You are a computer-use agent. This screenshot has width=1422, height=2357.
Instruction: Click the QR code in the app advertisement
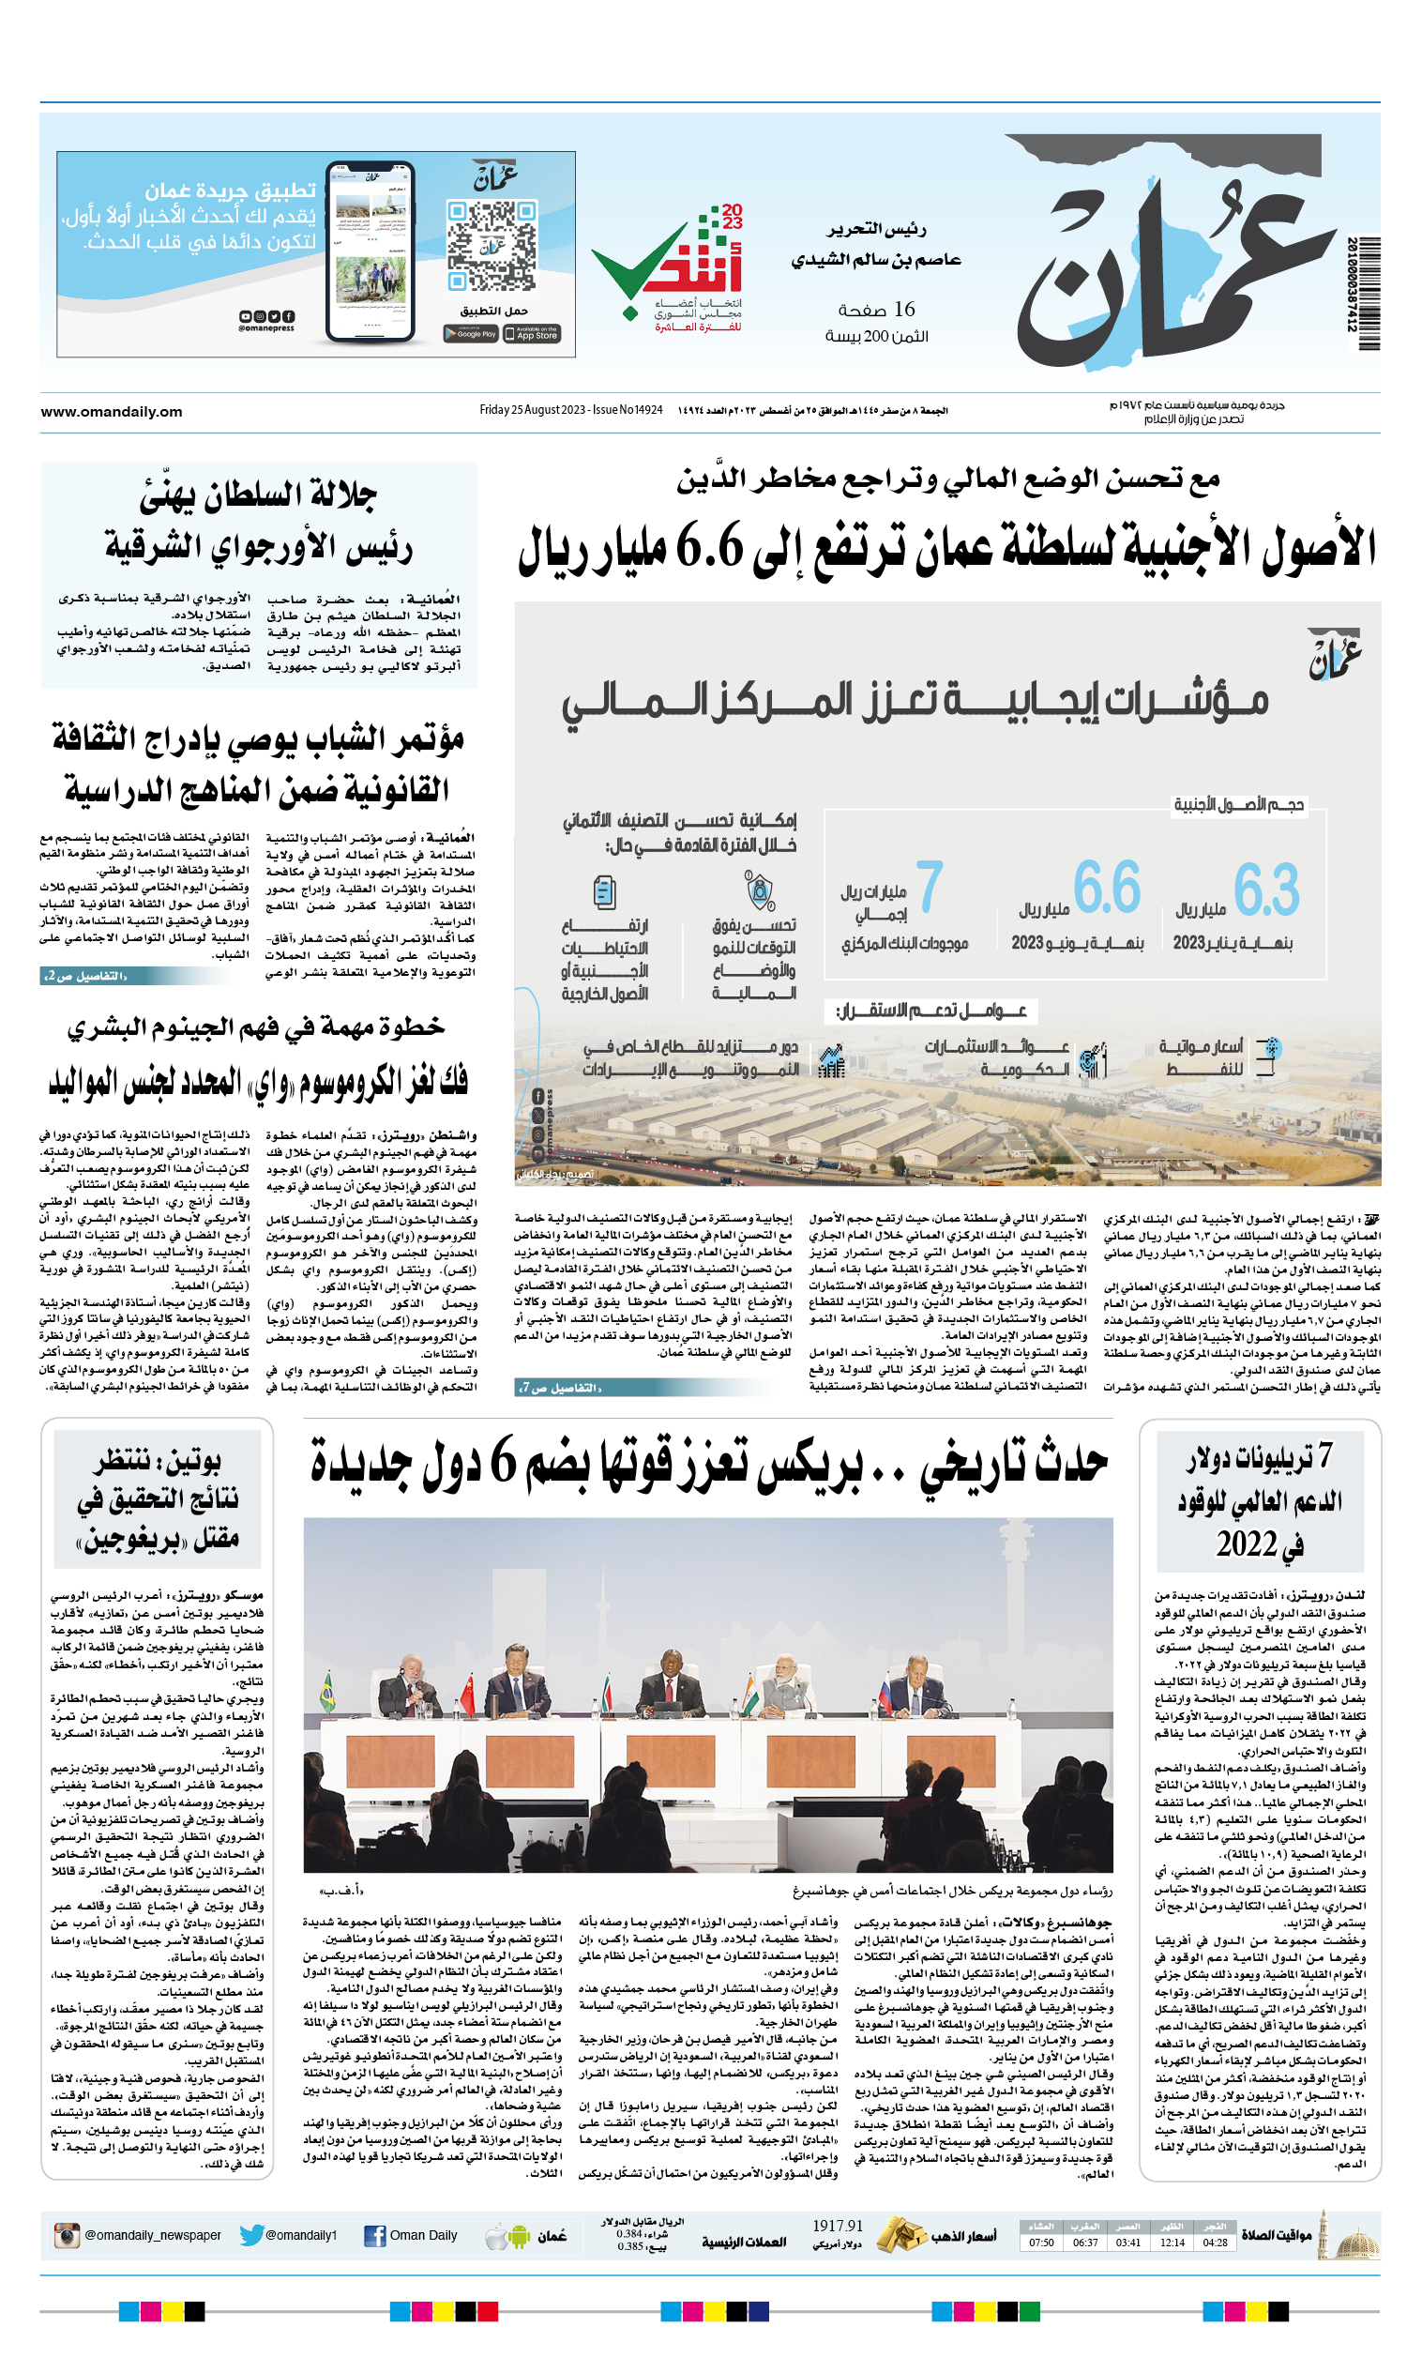492,245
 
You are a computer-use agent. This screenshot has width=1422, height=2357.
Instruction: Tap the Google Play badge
470,334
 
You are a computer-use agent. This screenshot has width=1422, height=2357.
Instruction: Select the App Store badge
532,334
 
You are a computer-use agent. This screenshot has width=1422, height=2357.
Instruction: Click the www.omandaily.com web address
112,412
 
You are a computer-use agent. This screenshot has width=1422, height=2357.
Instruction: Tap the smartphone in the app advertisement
371,251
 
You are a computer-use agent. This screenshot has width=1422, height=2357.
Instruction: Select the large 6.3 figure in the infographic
1265,889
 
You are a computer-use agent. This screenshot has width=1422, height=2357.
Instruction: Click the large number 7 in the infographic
930,887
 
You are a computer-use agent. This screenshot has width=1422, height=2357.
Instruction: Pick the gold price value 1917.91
837,2225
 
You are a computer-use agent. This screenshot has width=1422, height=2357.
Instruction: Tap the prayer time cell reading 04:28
1215,2242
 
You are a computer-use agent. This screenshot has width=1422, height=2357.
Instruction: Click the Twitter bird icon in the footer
251,2235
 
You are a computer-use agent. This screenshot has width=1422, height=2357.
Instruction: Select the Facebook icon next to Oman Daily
375,2236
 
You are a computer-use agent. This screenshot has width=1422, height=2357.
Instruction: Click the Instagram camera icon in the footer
67,2235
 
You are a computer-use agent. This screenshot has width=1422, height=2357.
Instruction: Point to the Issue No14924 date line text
571,410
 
